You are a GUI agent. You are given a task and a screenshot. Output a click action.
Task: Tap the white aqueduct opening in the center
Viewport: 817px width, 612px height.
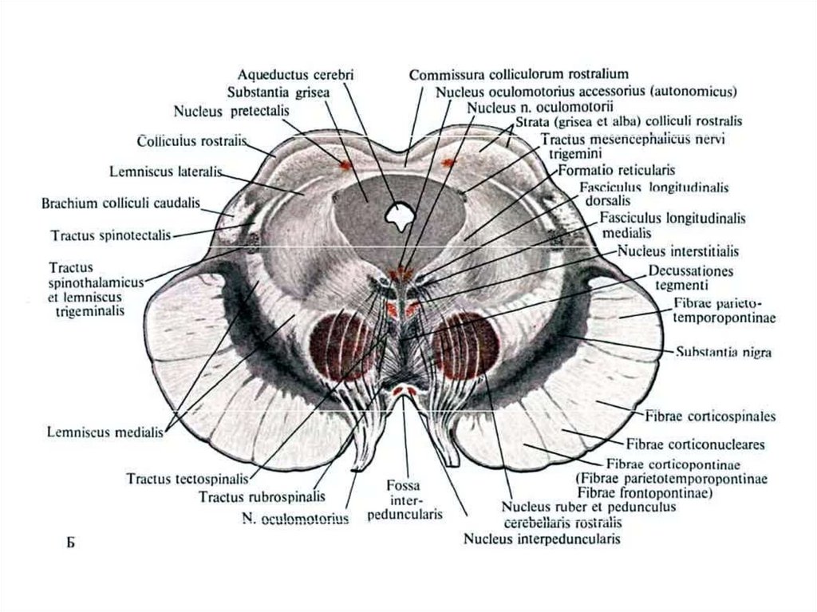[398, 213]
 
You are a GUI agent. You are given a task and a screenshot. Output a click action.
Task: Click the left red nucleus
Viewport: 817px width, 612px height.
[342, 345]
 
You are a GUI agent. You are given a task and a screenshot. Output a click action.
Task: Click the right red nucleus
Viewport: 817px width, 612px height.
[466, 345]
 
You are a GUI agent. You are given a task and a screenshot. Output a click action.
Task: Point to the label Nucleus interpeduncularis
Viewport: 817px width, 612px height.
[542, 539]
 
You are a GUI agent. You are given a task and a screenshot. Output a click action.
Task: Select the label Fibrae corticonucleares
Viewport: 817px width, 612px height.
[696, 444]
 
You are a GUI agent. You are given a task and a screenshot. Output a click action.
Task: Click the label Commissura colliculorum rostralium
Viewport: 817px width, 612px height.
[519, 75]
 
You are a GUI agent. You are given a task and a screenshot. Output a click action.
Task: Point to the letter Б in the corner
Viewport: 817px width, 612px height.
[69, 544]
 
